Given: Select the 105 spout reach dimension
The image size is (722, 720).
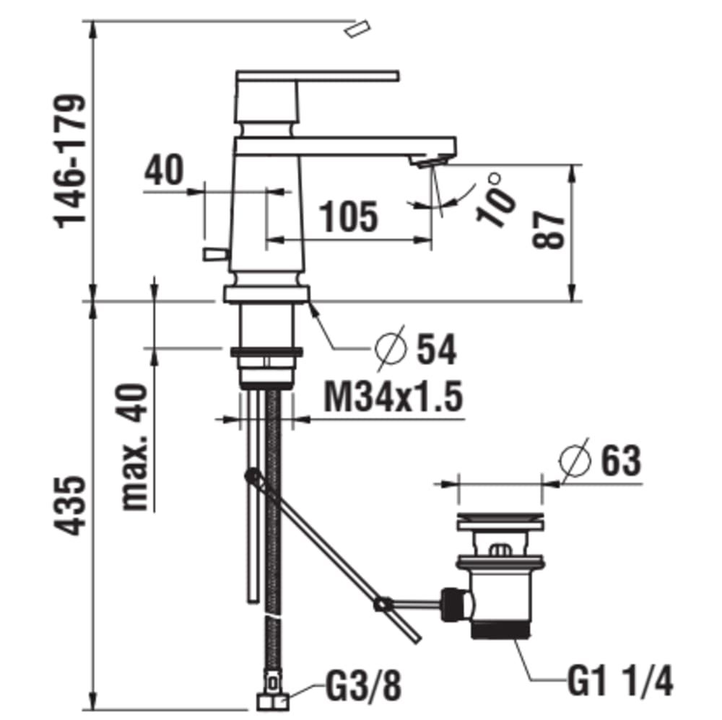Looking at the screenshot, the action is point(349,216).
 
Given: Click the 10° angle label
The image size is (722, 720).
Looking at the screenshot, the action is point(496,200).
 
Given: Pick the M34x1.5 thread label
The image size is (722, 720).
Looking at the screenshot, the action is point(393,398).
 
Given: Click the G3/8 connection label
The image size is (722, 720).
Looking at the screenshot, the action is point(363,685).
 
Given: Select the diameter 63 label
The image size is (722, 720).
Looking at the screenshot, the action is point(601,460).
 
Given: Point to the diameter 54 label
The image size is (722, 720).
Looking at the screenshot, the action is point(416,348).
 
